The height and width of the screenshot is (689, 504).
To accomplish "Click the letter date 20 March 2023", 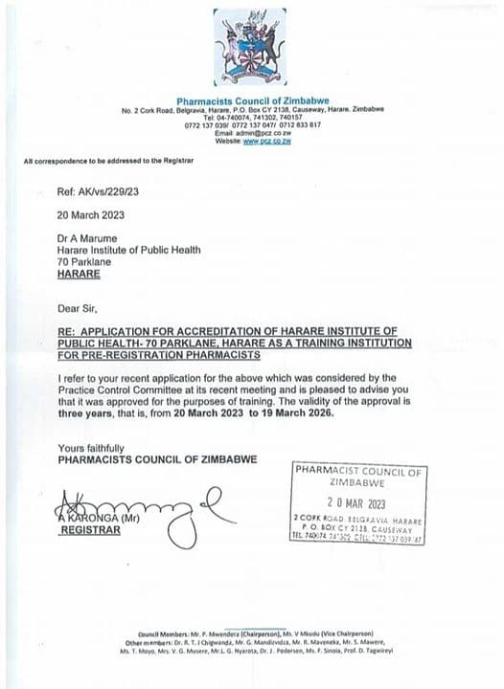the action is pos(91,215).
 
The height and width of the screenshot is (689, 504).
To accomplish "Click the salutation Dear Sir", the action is pos(79,308).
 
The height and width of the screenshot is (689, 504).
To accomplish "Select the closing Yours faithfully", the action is pos(90,448).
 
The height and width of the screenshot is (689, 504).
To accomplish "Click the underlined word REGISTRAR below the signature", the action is pos(92,529).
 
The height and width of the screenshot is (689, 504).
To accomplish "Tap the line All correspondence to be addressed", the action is pos(108,161).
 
